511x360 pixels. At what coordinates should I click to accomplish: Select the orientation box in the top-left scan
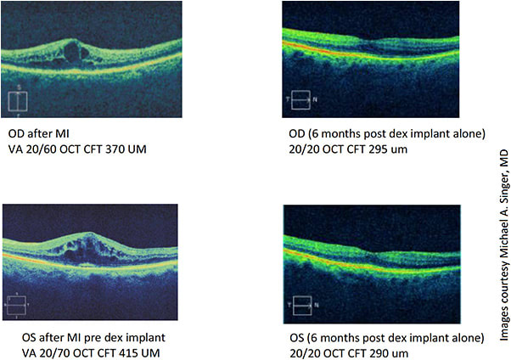18,101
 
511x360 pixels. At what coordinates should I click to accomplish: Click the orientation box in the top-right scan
300,101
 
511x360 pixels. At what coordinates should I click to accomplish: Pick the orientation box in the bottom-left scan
18,304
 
